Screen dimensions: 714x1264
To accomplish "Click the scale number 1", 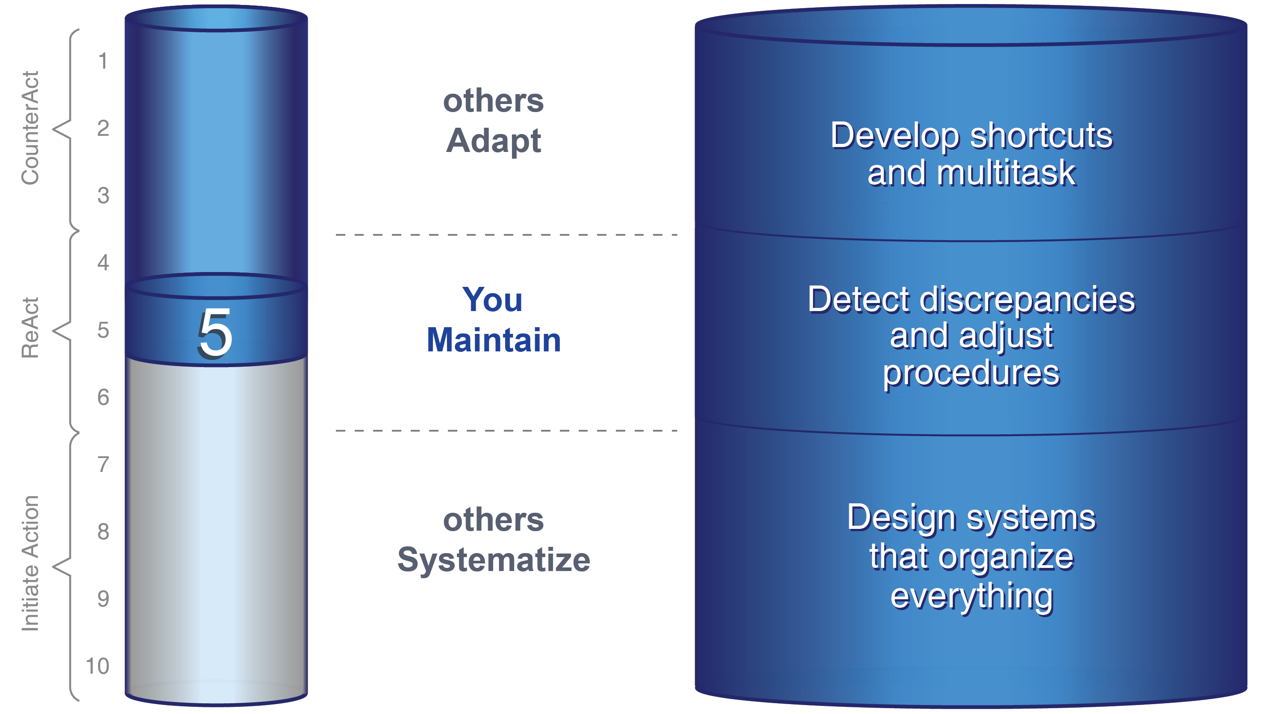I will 103,61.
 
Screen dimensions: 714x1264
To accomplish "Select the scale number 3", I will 103,195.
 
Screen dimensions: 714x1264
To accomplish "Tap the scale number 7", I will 103,464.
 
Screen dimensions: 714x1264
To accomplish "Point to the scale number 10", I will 97,666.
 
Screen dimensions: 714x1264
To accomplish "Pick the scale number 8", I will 103,532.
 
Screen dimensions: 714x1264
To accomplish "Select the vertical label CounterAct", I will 30,128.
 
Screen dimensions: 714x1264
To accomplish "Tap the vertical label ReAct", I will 30,328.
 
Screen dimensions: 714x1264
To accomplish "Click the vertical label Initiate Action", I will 30,563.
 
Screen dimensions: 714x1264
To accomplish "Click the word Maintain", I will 494,340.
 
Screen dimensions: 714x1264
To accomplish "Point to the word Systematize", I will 494,560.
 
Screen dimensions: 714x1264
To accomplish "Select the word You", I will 492,299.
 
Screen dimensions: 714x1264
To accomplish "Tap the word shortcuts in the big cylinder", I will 1041,135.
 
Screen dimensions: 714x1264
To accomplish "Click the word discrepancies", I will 1027,299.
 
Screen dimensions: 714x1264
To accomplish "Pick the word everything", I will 972,597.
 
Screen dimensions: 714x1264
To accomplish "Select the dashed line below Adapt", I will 507,235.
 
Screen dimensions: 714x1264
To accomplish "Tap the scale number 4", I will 103,263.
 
